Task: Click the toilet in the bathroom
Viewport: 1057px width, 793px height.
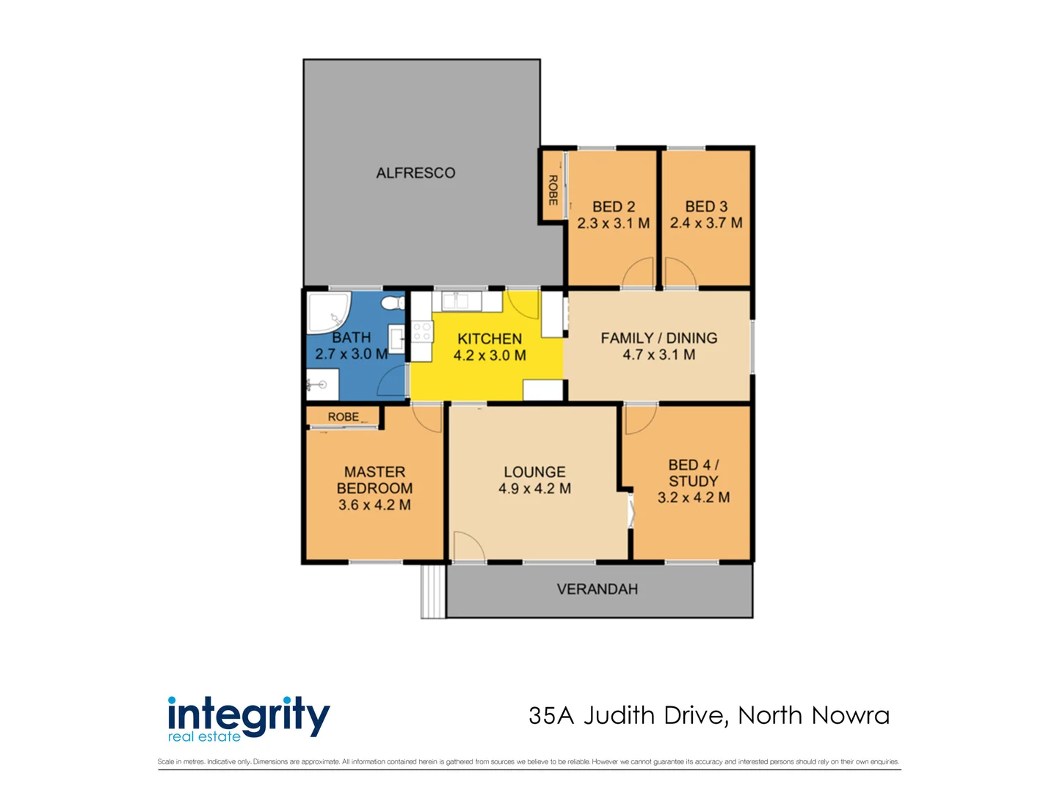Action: pos(393,303)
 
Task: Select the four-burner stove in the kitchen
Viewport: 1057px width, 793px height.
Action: pos(422,332)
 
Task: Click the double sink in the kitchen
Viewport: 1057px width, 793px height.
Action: pos(455,301)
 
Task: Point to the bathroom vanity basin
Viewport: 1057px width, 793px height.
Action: pos(396,340)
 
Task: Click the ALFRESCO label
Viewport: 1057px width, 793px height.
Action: pos(415,173)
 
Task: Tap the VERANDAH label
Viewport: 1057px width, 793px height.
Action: pos(597,589)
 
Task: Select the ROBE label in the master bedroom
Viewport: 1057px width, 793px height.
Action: pos(344,417)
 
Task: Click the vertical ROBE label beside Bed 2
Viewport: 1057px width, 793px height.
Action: pos(553,190)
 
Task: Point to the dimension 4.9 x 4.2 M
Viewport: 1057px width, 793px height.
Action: pos(534,489)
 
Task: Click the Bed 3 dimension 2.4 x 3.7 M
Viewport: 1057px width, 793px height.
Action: pos(706,223)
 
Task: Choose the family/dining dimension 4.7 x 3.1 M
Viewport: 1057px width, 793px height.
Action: pos(658,355)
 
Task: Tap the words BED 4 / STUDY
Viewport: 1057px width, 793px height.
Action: pos(693,473)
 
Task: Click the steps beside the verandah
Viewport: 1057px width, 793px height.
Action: pos(433,591)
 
